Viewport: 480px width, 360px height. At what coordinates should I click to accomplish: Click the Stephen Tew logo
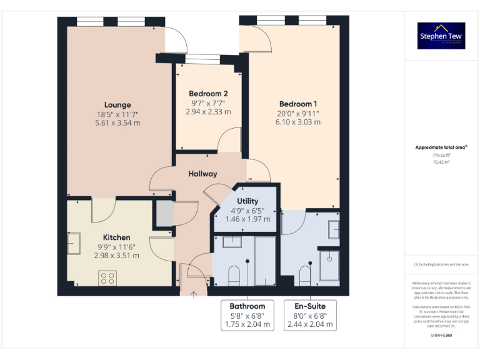(x=441, y=36)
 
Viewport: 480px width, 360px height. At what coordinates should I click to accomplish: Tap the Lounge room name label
(x=117, y=104)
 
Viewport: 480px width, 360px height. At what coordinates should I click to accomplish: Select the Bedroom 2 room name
(x=208, y=93)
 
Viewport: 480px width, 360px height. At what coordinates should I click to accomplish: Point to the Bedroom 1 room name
(x=298, y=104)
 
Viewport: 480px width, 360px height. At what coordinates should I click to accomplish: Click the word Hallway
(x=203, y=174)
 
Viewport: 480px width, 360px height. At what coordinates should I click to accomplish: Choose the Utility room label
(x=247, y=201)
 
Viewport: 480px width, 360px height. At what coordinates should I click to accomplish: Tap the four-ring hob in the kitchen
(x=107, y=277)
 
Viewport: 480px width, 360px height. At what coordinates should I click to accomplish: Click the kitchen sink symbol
(x=73, y=242)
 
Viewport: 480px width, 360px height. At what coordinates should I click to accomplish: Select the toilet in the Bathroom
(x=234, y=274)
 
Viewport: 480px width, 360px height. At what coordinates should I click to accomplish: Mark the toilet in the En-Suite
(x=306, y=275)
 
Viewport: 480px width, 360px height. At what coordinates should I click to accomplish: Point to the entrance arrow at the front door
(x=194, y=293)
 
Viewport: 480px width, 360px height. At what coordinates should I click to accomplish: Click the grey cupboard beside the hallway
(x=164, y=214)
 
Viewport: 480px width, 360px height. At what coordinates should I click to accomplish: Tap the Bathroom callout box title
(x=247, y=306)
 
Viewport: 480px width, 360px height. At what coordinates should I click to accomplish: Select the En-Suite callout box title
(x=311, y=306)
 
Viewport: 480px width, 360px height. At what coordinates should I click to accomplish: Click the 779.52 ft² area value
(x=441, y=155)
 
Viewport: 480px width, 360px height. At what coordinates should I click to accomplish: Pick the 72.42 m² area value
(x=441, y=161)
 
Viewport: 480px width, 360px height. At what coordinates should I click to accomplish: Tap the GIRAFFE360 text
(x=441, y=336)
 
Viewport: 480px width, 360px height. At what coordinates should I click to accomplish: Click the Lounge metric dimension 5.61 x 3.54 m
(x=117, y=122)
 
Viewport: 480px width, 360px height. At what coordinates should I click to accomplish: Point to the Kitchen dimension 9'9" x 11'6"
(x=117, y=246)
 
